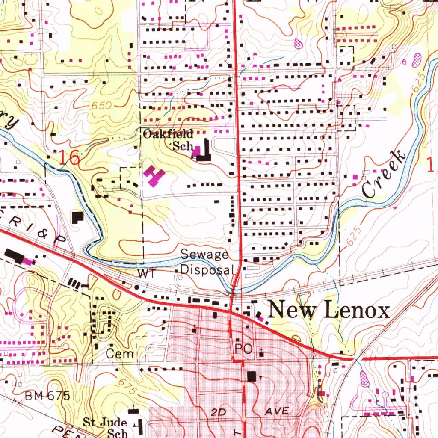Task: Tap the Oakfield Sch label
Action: (x=169, y=140)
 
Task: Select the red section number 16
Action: (x=69, y=158)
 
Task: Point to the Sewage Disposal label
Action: (x=205, y=262)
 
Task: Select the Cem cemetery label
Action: (x=120, y=354)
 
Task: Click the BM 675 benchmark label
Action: (x=47, y=396)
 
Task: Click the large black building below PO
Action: (x=252, y=376)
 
